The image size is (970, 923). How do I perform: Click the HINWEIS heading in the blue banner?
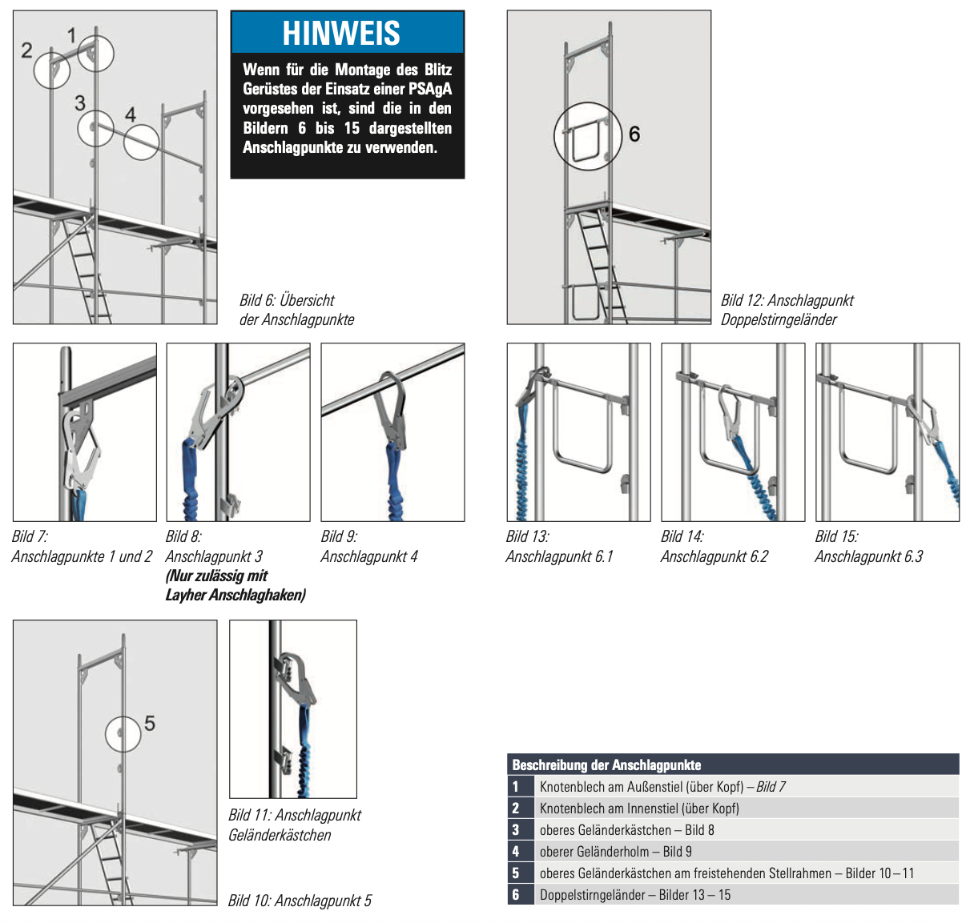click(x=341, y=34)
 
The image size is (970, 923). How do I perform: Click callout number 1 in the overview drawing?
click(x=72, y=35)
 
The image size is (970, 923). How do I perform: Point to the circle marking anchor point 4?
click(x=141, y=142)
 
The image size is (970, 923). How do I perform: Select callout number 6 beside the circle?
click(x=634, y=134)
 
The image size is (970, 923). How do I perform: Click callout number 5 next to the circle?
click(x=150, y=724)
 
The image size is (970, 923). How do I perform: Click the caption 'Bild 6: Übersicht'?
click(x=287, y=300)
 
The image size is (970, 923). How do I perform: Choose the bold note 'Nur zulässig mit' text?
click(x=217, y=576)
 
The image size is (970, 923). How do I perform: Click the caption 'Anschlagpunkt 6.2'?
click(x=714, y=556)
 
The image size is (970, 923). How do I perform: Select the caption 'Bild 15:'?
click(x=836, y=536)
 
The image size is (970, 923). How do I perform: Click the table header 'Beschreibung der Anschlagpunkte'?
click(x=606, y=765)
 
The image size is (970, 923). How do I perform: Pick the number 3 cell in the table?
click(x=517, y=830)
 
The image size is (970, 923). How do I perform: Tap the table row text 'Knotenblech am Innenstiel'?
click(x=638, y=809)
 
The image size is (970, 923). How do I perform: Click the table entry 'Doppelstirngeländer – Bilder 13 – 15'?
click(x=634, y=895)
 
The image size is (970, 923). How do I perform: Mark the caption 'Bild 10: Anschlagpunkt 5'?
click(x=300, y=901)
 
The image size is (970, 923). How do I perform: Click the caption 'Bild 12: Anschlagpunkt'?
click(x=787, y=300)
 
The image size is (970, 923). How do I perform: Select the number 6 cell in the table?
click(x=517, y=895)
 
